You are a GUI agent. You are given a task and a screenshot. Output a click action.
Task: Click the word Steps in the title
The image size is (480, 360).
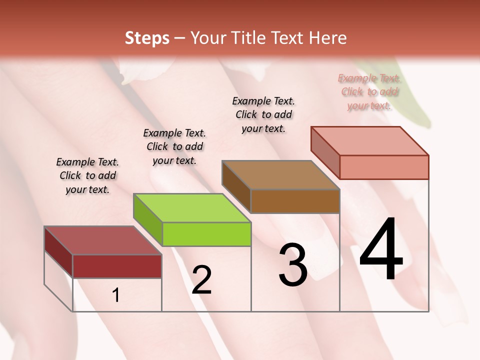pyautogui.click(x=147, y=38)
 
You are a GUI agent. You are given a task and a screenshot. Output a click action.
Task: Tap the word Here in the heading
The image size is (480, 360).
pyautogui.click(x=328, y=38)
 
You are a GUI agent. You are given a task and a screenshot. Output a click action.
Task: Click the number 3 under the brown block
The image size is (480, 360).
pyautogui.click(x=293, y=265)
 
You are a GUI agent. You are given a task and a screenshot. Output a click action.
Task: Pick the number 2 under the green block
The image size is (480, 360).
pyautogui.click(x=201, y=280)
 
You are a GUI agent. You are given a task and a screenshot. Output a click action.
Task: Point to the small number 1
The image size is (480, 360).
pyautogui.click(x=116, y=295)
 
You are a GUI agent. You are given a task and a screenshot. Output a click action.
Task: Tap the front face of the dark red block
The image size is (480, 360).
pyautogui.click(x=117, y=266)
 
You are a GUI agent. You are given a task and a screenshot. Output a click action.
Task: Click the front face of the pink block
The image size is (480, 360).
pyautogui.click(x=383, y=167)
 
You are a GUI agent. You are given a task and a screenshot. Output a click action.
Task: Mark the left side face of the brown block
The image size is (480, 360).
pyautogui.click(x=236, y=186)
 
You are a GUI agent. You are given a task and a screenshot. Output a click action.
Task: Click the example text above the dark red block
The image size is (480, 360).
pyautogui.click(x=87, y=175)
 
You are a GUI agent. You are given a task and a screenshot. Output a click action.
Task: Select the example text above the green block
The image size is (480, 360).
pyautogui.click(x=174, y=146)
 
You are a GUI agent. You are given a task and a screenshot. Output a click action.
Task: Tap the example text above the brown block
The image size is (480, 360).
pyautogui.click(x=263, y=114)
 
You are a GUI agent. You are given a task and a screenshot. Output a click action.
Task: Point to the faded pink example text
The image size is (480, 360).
pyautogui.click(x=369, y=91)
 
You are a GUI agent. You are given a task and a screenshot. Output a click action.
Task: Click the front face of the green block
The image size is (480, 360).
pyautogui.click(x=206, y=234)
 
